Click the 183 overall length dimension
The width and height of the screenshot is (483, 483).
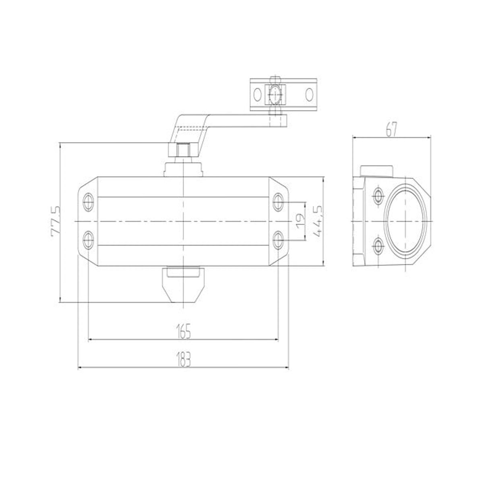click(183, 359)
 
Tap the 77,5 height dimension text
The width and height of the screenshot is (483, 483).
click(55, 221)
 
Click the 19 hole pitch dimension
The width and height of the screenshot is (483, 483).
click(299, 222)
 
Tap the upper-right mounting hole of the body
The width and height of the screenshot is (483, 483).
click(278, 201)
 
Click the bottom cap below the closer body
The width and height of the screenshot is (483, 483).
click(183, 284)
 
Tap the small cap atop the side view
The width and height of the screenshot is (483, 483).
click(376, 171)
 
